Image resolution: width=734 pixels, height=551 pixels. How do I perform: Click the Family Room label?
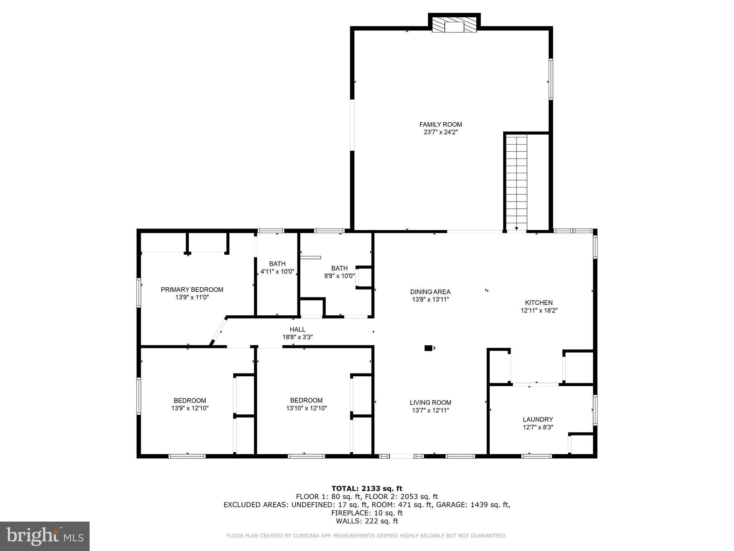pyautogui.click(x=440, y=124)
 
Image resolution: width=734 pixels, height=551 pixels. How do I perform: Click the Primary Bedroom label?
pyautogui.click(x=192, y=289)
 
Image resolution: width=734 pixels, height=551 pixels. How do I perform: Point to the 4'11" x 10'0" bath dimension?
pyautogui.click(x=277, y=272)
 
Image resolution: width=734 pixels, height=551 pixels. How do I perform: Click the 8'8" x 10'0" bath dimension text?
pyautogui.click(x=339, y=276)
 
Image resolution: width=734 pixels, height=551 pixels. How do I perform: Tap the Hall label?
pyautogui.click(x=297, y=329)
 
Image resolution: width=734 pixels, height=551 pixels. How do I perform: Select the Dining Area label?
pyautogui.click(x=430, y=292)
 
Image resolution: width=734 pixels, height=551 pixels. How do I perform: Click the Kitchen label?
pyautogui.click(x=539, y=302)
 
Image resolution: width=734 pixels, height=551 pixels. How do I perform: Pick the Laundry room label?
pyautogui.click(x=538, y=419)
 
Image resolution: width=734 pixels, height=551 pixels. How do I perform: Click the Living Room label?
pyautogui.click(x=430, y=402)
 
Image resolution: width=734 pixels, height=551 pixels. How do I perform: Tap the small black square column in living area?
pyautogui.click(x=428, y=348)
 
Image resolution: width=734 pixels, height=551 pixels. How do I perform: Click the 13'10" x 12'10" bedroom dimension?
pyautogui.click(x=306, y=408)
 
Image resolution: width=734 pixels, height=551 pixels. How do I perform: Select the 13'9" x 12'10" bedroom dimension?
pyautogui.click(x=190, y=408)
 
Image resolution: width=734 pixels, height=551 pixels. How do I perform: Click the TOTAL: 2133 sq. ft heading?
pyautogui.click(x=367, y=488)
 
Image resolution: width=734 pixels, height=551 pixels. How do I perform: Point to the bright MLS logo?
pyautogui.click(x=45, y=536)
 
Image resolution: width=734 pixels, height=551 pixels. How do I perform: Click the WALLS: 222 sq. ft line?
pyautogui.click(x=367, y=521)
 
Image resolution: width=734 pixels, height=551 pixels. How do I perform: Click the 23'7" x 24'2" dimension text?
pyautogui.click(x=440, y=132)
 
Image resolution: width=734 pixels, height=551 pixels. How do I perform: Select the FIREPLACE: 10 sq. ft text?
pyautogui.click(x=367, y=513)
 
